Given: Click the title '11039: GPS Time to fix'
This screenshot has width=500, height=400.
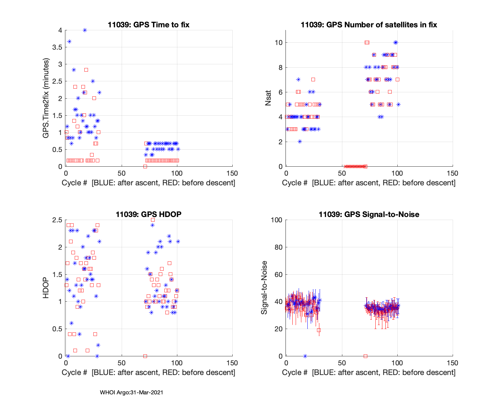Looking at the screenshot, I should click(149, 25).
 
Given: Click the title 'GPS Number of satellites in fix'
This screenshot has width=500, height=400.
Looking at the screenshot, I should click(369, 25).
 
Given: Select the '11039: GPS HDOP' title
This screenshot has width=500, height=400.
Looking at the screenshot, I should click(149, 214).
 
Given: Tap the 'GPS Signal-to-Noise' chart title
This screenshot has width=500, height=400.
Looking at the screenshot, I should click(369, 214).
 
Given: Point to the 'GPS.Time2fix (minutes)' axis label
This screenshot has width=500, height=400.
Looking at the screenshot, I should click(46, 98).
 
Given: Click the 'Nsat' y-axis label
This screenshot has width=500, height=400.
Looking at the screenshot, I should click(268, 98).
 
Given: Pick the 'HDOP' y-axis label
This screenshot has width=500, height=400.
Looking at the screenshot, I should click(46, 288).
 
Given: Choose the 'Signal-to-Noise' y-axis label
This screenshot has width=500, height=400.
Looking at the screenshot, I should click(264, 288).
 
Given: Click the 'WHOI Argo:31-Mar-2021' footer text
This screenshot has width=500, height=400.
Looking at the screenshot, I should click(131, 393).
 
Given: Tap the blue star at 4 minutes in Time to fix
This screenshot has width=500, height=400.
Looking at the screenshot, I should click(85, 30).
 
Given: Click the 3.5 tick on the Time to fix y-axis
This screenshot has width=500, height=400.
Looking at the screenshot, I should click(58, 47).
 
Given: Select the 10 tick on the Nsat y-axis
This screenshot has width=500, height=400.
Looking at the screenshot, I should click(279, 43).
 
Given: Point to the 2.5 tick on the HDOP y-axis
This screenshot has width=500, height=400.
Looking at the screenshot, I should click(58, 220).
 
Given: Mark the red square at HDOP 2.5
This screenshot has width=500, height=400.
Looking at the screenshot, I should click(153, 220).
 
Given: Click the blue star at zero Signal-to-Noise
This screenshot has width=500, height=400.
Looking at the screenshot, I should click(305, 356).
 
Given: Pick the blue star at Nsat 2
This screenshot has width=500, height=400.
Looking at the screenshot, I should click(300, 142).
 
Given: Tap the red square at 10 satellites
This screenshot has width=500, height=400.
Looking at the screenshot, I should click(367, 42).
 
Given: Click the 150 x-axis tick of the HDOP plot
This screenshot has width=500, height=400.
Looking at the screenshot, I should click(232, 363).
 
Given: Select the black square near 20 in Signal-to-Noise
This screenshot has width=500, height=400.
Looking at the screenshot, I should click(319, 330).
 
